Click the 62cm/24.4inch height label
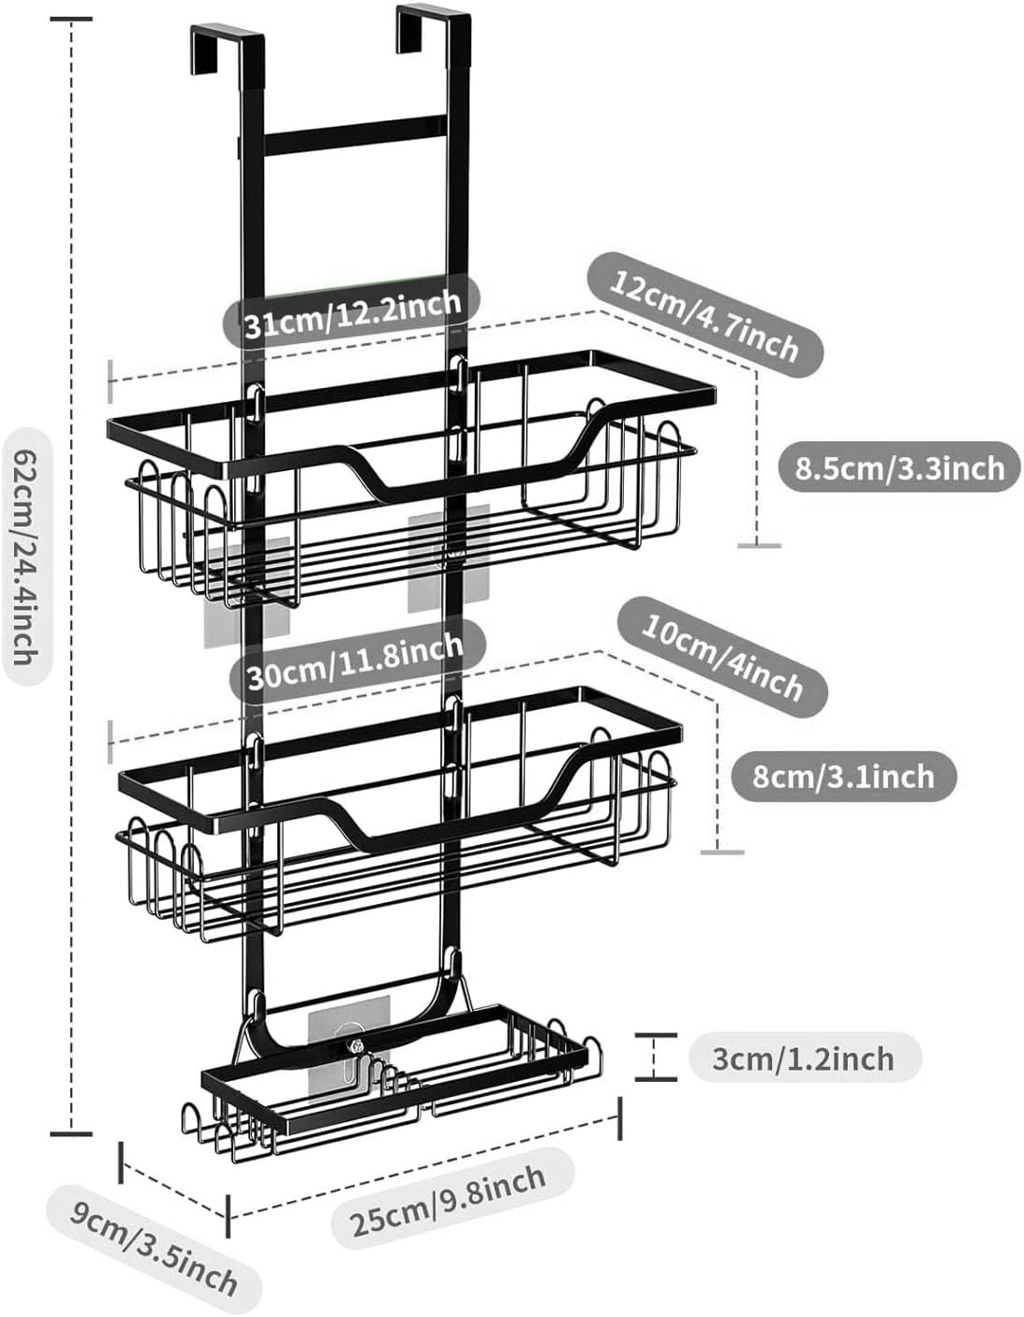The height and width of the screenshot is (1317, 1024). pyautogui.click(x=25, y=558)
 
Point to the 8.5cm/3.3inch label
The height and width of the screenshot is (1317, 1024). pyautogui.click(x=900, y=467)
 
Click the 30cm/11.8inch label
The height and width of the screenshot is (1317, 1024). pyautogui.click(x=355, y=659)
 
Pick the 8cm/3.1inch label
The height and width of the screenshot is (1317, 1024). pyautogui.click(x=843, y=775)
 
